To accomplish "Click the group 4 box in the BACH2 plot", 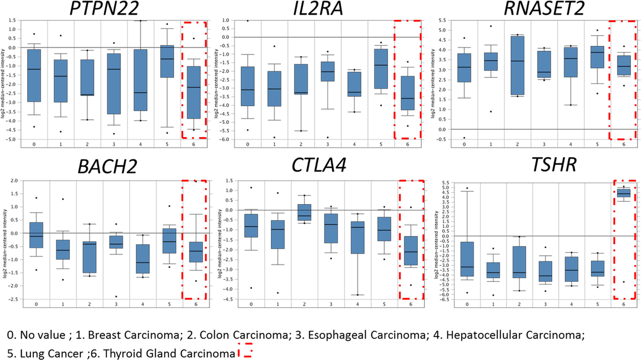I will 142,259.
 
